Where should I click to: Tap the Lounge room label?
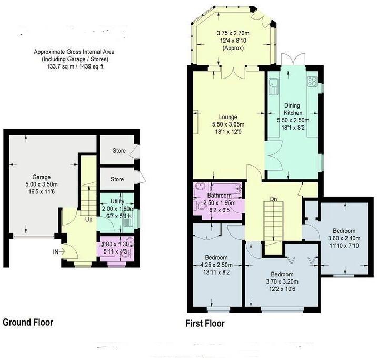pos(227,117)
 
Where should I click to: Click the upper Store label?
pos(118,151)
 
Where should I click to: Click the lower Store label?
pos(116,179)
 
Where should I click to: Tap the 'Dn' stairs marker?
pos(273,199)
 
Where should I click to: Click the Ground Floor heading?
pos(28,322)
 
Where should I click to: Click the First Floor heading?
pos(205,323)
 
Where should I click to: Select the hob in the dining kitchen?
pos(311,82)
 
